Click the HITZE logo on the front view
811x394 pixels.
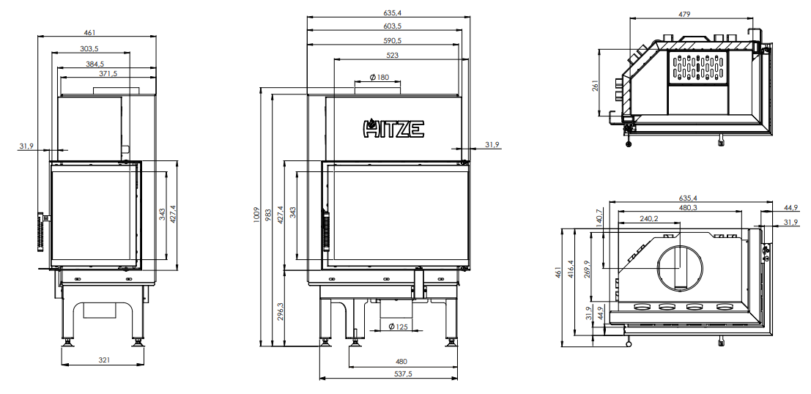coord(394,128)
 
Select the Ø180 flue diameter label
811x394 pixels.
coord(379,78)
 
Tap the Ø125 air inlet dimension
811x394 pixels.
coord(398,327)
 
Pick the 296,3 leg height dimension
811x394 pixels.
coord(281,311)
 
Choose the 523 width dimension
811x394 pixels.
coord(393,55)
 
